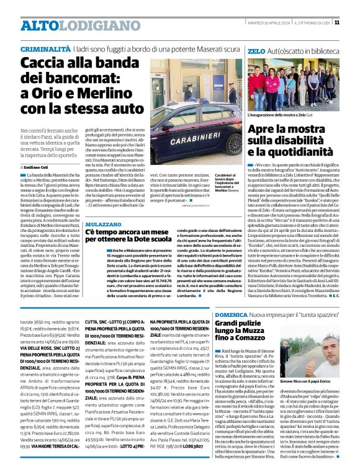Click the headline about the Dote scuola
[120, 234]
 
